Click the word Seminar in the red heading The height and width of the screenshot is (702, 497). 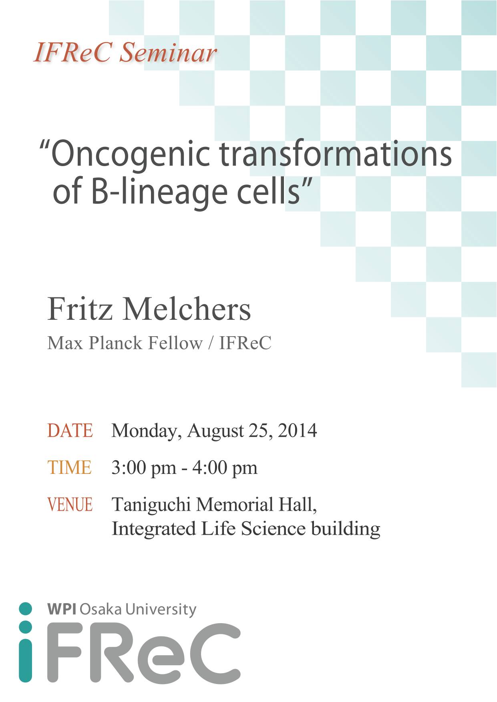tap(168, 52)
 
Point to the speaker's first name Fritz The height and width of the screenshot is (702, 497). tap(80, 309)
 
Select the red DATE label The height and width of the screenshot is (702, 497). tap(70, 431)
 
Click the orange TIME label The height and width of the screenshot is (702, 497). tap(69, 467)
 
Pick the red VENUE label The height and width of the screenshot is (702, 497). tap(70, 504)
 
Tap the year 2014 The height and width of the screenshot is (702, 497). tap(298, 431)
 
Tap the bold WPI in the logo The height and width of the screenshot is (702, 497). tap(62, 609)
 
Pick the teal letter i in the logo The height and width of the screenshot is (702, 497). tap(25, 642)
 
